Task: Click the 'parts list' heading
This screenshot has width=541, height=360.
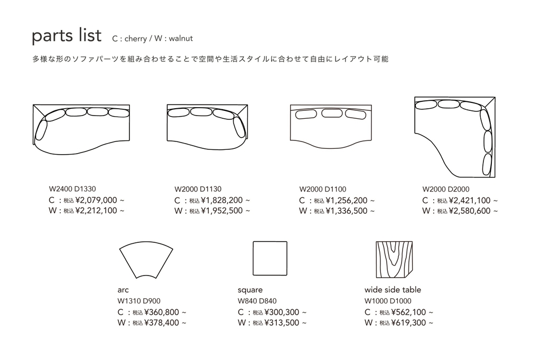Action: (66, 36)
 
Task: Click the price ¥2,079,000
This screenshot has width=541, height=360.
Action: (96, 201)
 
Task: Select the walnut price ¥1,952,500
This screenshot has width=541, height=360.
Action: (222, 211)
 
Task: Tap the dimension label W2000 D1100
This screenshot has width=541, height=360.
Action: (323, 189)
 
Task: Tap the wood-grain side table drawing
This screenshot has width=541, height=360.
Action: (394, 259)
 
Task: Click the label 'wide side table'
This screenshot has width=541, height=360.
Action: (393, 290)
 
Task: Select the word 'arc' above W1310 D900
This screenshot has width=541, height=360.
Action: (123, 290)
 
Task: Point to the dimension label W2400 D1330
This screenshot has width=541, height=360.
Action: (72, 189)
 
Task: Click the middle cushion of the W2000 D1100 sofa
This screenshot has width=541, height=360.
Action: (331, 113)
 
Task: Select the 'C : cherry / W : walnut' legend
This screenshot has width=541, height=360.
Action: (153, 39)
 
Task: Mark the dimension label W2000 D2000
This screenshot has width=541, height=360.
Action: (446, 189)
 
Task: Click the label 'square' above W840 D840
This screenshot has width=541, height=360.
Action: (250, 290)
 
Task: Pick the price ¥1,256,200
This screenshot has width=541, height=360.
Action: (347, 201)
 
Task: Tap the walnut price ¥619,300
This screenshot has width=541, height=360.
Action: (408, 323)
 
